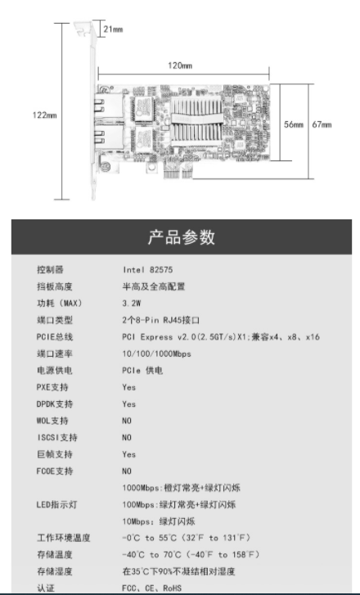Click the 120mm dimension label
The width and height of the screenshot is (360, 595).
(x=180, y=65)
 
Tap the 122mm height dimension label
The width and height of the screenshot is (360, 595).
(x=44, y=115)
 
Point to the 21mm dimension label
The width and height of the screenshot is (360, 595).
(x=113, y=29)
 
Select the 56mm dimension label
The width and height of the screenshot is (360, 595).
(x=294, y=124)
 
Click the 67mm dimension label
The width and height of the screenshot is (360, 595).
(x=322, y=124)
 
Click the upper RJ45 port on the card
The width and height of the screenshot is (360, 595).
(x=109, y=105)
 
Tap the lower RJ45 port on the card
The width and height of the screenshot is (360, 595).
(x=109, y=137)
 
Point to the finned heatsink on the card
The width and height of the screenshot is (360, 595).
(x=196, y=120)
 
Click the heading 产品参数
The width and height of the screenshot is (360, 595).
(x=182, y=237)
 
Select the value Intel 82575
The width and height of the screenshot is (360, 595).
(x=147, y=270)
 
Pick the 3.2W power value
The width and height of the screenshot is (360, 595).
(x=132, y=303)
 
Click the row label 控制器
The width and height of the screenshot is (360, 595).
(x=50, y=270)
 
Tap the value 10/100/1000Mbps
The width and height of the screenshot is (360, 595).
(x=156, y=354)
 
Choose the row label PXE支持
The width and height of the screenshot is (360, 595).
(x=52, y=387)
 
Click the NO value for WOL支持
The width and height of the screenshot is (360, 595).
(x=127, y=421)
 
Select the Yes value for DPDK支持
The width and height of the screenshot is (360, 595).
(x=129, y=404)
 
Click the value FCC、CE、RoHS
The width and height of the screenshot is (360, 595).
(x=151, y=588)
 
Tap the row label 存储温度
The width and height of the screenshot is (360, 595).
(x=55, y=554)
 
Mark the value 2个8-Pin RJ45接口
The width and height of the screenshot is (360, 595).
(x=161, y=320)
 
